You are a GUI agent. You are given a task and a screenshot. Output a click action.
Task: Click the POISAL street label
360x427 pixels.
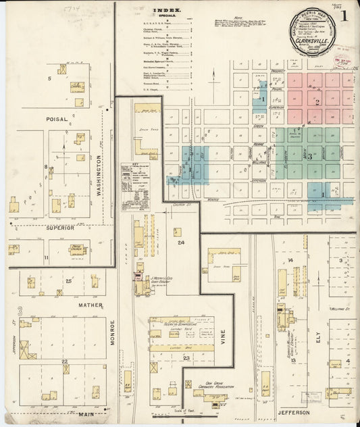coord(57,119)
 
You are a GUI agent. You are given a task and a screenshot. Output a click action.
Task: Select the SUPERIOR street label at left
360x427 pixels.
coord(59,228)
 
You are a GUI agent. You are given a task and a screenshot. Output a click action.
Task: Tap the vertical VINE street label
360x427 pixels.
coord(222,338)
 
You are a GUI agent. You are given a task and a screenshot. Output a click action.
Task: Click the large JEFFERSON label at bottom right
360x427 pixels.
coord(292,411)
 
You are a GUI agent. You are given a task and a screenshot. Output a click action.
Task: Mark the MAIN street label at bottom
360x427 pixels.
coord(86,414)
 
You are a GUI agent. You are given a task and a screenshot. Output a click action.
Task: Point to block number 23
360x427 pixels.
coord(185,357)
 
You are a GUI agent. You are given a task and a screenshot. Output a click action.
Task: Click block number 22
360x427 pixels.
coord(65,362)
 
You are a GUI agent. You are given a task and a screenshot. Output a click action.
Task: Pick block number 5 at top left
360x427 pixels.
coord(49,79)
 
